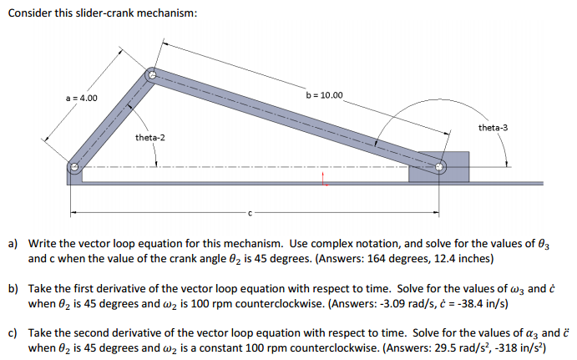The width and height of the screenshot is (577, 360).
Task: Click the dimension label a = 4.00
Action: point(82,98)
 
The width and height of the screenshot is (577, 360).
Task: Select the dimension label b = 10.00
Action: point(325,95)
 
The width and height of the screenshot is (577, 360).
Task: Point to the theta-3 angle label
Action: point(493,128)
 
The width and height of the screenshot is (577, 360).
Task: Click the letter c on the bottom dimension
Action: point(248,212)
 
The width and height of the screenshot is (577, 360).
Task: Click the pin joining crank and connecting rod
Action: point(151,75)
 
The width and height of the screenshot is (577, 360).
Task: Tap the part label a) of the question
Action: point(13,244)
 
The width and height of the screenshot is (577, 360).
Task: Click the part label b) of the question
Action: point(13,288)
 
